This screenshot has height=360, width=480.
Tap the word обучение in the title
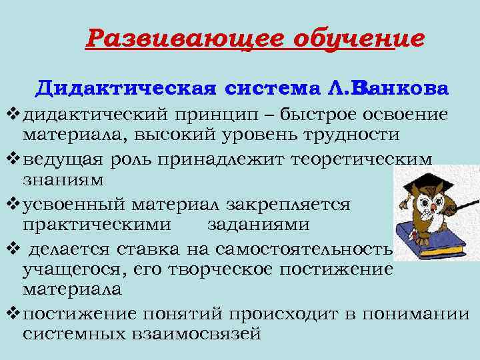coord(359,39)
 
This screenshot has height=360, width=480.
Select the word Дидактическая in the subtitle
coord(127,89)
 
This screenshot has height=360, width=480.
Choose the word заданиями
coord(258,225)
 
